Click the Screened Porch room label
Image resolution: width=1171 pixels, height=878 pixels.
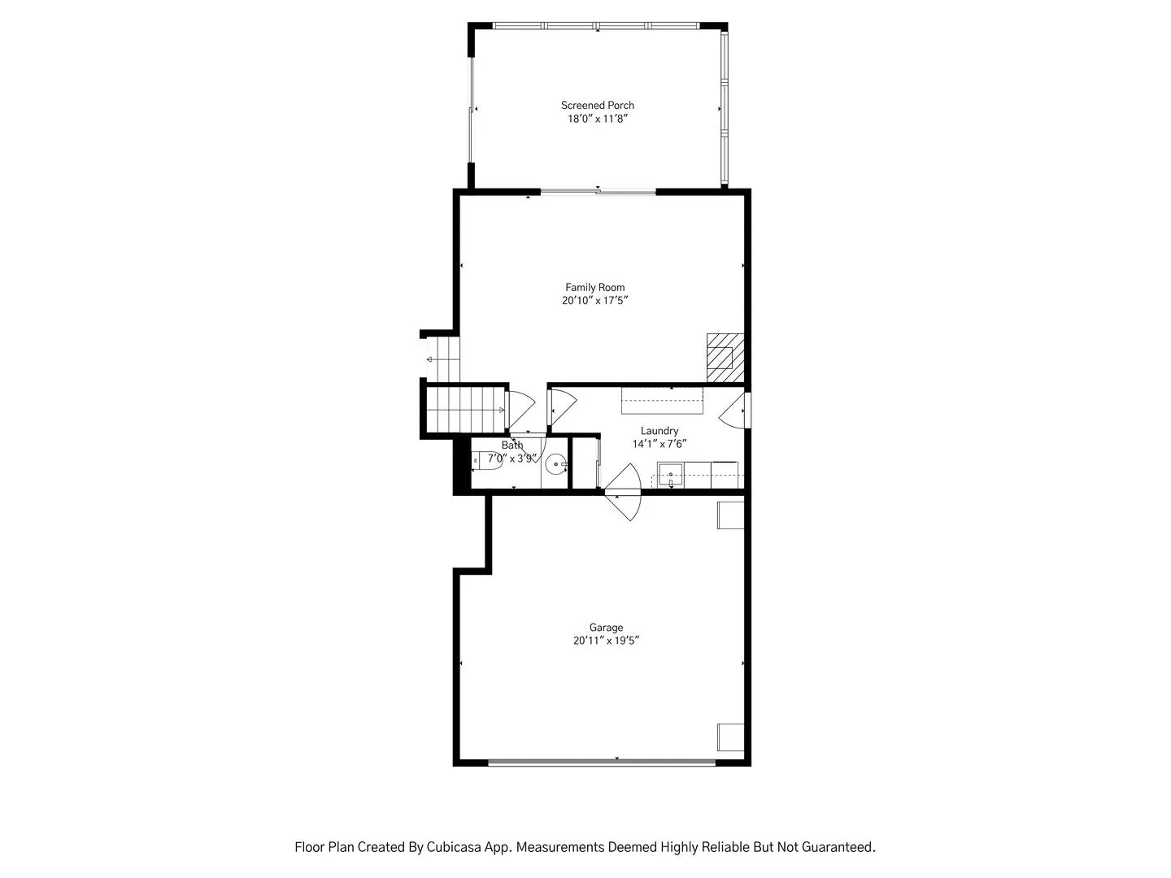pyautogui.click(x=597, y=106)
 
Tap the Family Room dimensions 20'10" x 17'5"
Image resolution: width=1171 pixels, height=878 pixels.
pyautogui.click(x=594, y=301)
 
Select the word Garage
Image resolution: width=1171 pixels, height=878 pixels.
pyautogui.click(x=606, y=628)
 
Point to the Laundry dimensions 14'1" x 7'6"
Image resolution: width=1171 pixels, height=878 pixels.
pyautogui.click(x=660, y=444)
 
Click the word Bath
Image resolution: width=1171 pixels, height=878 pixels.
pyautogui.click(x=512, y=446)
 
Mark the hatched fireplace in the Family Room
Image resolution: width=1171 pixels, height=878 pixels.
pyautogui.click(x=725, y=358)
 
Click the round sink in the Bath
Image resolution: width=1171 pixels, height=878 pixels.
pyautogui.click(x=556, y=464)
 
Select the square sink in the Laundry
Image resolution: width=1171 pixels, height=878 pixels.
pyautogui.click(x=670, y=474)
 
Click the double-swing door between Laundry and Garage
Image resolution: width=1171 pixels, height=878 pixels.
pyautogui.click(x=623, y=492)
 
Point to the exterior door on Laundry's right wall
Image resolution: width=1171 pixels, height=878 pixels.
pyautogui.click(x=734, y=411)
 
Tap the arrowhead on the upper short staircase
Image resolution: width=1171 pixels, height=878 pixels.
pyautogui.click(x=429, y=360)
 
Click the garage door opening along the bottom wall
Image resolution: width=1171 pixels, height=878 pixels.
pyautogui.click(x=602, y=763)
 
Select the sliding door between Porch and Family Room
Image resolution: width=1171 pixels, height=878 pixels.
pyautogui.click(x=598, y=191)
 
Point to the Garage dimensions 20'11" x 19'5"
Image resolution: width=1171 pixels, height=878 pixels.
pyautogui.click(x=606, y=641)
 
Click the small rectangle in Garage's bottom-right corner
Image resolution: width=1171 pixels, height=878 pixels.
pyautogui.click(x=730, y=737)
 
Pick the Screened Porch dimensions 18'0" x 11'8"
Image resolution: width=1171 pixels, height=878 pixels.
pyautogui.click(x=598, y=119)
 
